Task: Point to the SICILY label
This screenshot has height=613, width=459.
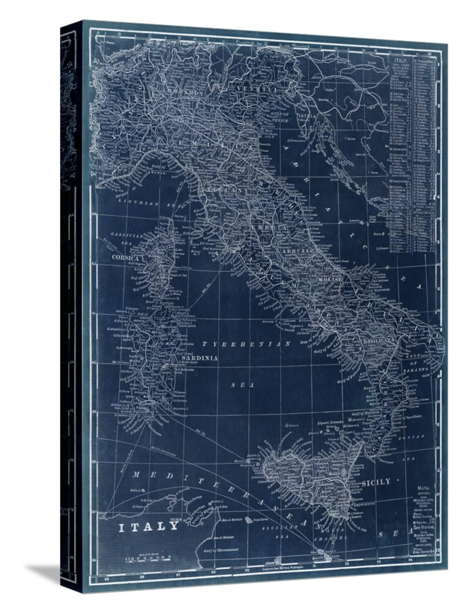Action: coord(376,482)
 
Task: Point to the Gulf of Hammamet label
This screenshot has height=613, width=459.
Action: coord(220,550)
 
